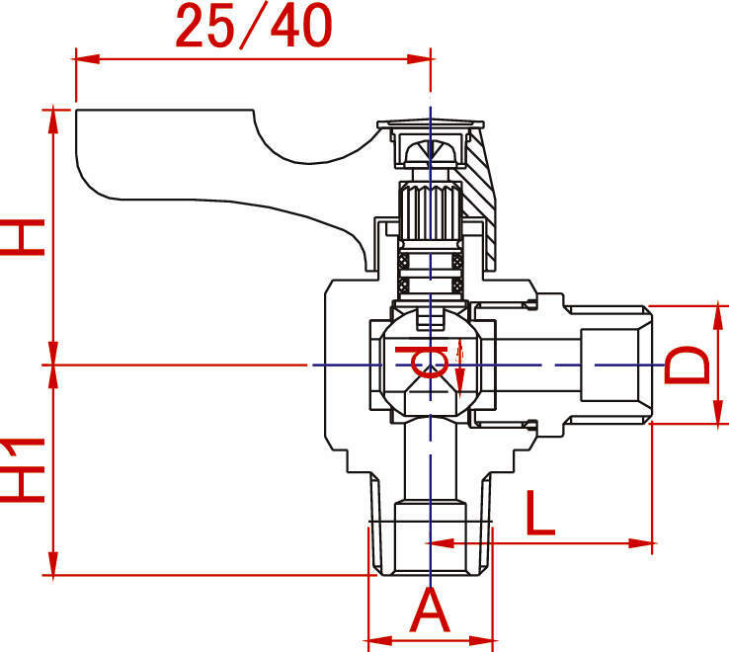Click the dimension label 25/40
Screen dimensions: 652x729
pyautogui.click(x=254, y=27)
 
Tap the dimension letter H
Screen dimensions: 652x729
pyautogui.click(x=24, y=236)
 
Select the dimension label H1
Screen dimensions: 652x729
pyautogui.click(x=24, y=468)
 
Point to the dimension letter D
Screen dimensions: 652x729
pyautogui.click(x=688, y=365)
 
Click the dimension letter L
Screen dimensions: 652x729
pyautogui.click(x=539, y=512)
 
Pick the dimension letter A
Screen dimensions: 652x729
pyautogui.click(x=430, y=610)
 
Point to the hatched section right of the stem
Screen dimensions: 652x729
pyautogui.click(x=481, y=183)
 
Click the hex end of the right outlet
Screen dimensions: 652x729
pyautogui.click(x=616, y=365)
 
